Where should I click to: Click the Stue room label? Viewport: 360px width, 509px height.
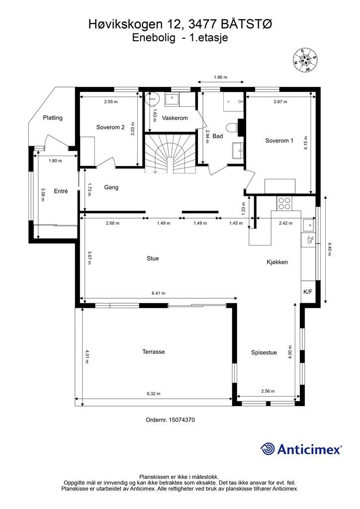point(153,258)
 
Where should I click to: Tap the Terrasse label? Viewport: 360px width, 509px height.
point(154,351)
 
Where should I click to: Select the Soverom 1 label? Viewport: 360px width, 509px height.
point(279,141)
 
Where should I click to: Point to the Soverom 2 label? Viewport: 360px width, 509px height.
point(110,127)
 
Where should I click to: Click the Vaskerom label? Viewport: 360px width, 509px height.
point(175,118)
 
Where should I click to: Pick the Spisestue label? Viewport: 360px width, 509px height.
point(264,352)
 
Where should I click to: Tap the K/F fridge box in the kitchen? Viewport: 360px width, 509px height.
point(307,291)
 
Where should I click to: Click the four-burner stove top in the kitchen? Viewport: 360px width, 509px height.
point(284,203)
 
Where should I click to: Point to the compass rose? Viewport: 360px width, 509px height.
point(305,60)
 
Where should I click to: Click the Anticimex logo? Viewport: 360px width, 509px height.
point(301,449)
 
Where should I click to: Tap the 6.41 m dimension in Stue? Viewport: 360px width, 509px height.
point(159,293)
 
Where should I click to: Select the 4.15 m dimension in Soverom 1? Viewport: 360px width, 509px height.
point(305,144)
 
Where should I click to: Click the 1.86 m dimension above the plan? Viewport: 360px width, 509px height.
point(220,77)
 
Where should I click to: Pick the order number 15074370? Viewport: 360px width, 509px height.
point(170,420)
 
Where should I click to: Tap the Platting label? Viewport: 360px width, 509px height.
point(53,118)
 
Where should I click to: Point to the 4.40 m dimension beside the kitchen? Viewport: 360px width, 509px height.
point(330,250)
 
